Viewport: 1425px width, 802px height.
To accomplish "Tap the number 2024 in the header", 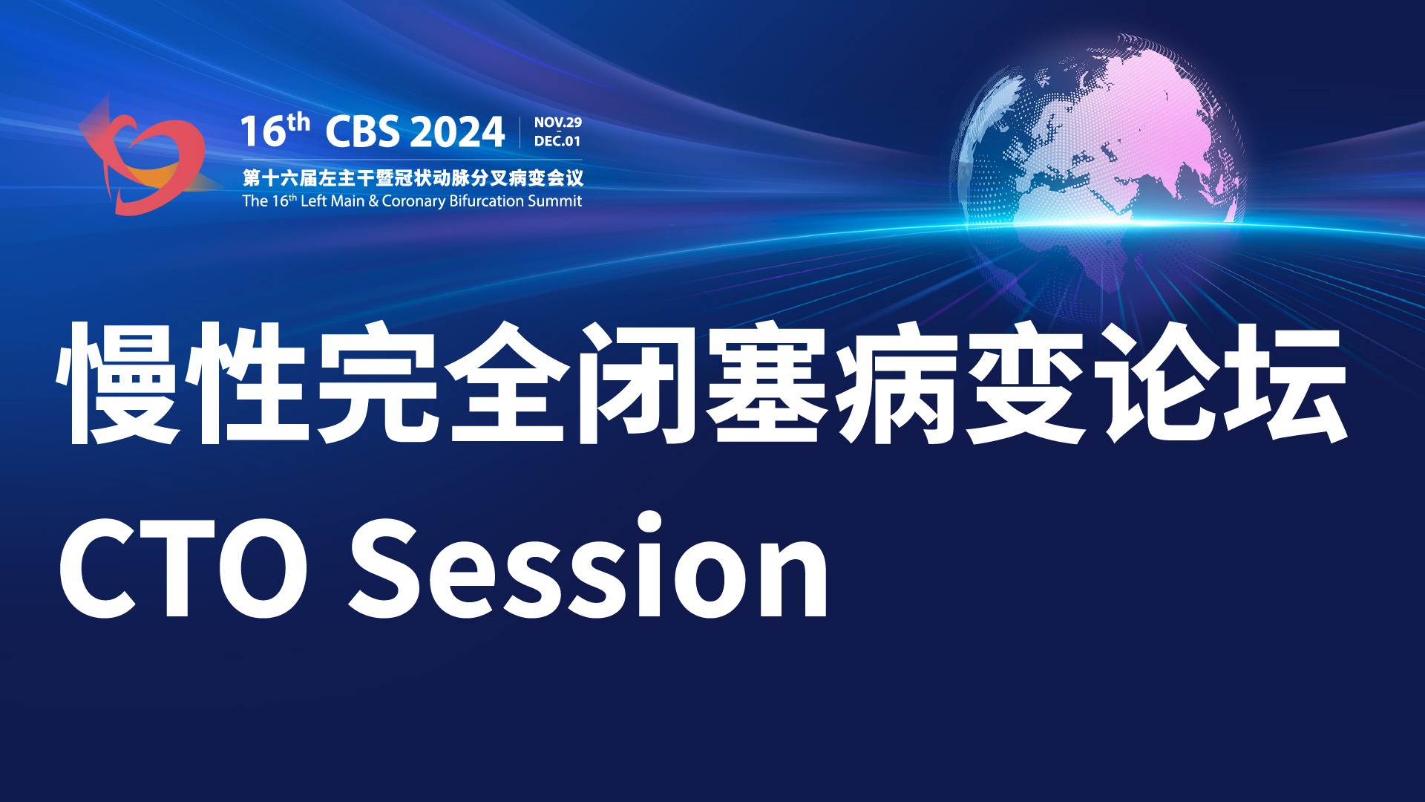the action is click(x=456, y=132).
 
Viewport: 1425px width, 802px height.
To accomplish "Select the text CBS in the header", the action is click(x=362, y=132).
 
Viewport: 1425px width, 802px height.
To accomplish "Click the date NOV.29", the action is click(x=558, y=123).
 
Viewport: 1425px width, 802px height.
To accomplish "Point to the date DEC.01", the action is click(x=557, y=141).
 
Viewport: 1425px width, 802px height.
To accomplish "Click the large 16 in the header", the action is click(x=263, y=132).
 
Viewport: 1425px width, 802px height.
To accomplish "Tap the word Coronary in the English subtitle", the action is click(x=413, y=201).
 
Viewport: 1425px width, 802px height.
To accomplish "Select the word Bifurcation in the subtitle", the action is click(x=487, y=200).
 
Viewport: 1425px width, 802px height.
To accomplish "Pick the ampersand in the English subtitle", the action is click(x=373, y=200).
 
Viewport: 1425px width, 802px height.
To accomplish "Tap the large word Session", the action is click(x=589, y=564).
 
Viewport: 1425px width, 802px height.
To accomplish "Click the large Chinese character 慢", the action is click(x=119, y=383).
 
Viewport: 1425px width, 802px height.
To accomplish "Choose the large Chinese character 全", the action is click(x=507, y=383).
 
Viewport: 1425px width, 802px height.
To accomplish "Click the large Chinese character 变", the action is click(x=1026, y=383).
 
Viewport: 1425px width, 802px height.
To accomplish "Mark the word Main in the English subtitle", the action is click(x=347, y=200).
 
